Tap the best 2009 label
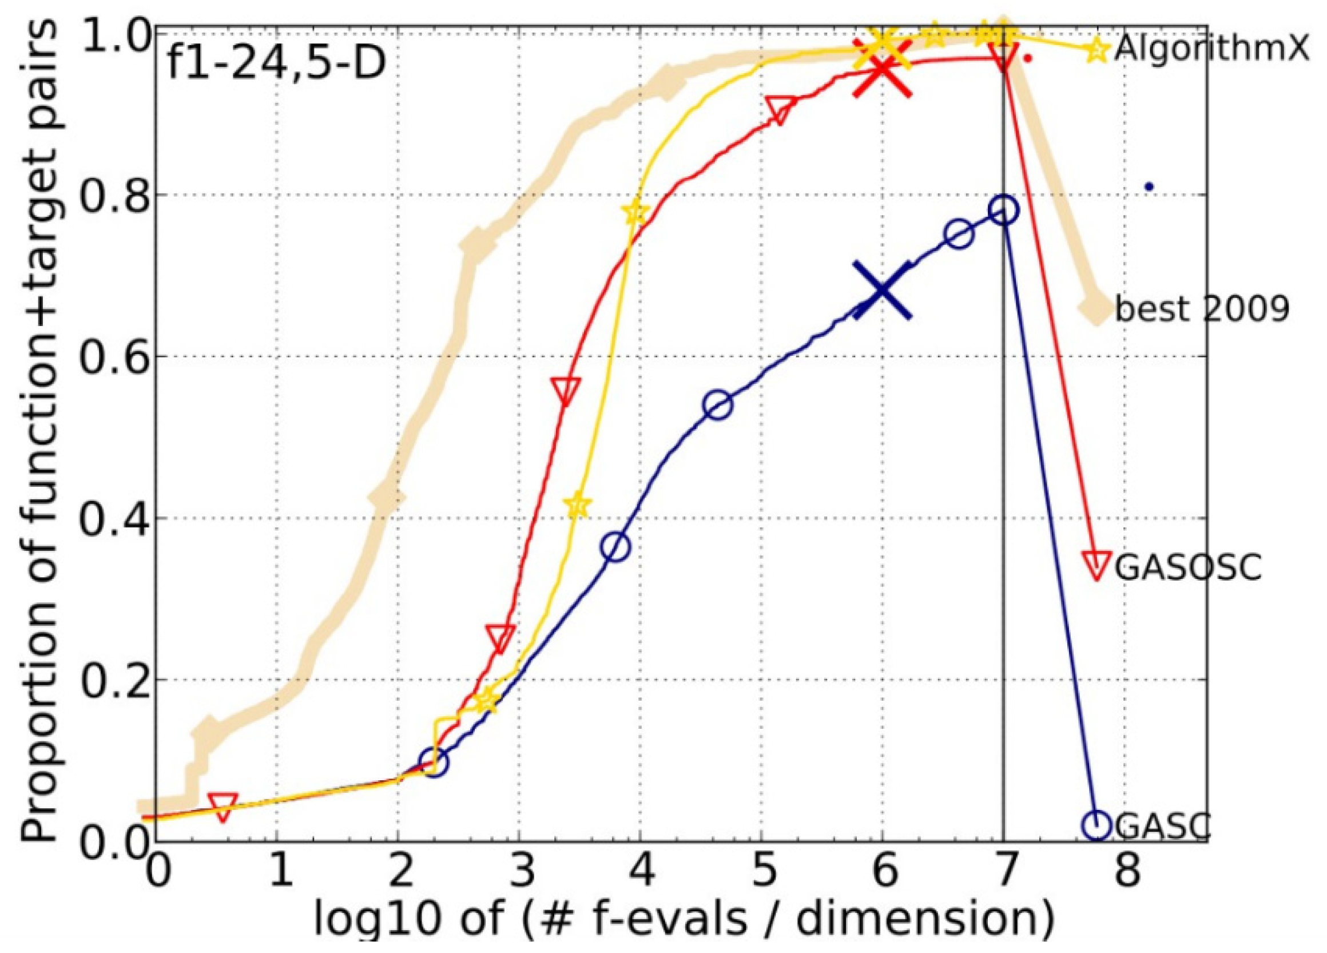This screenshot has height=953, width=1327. click(1202, 309)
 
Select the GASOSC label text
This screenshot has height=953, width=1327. click(1187, 568)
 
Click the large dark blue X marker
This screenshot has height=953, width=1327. click(882, 290)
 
